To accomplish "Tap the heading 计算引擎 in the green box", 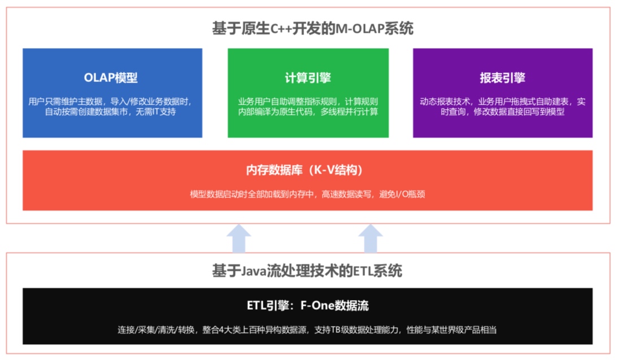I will pyautogui.click(x=308, y=77).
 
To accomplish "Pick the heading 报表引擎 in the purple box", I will pyautogui.click(x=502, y=77).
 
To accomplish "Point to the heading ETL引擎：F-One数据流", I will pyautogui.click(x=307, y=306).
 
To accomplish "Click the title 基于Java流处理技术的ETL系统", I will pyautogui.click(x=307, y=271).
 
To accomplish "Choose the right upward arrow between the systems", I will pyautogui.click(x=371, y=237).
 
